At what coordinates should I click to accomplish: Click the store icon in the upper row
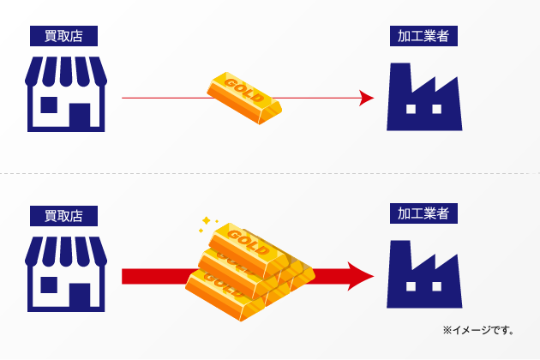pos(65,94)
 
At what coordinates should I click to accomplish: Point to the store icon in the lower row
pos(65,274)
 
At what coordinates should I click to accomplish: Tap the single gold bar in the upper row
pos(244,97)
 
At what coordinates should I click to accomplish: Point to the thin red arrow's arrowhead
pos(367,99)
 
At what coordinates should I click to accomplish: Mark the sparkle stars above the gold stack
pos(207,222)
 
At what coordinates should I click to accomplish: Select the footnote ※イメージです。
pos(478,329)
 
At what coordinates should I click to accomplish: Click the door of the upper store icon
pos(80,117)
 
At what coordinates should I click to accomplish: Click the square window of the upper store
pos(50,105)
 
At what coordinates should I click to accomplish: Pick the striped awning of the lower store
pos(65,249)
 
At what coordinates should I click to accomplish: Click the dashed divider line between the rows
pos(270,174)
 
